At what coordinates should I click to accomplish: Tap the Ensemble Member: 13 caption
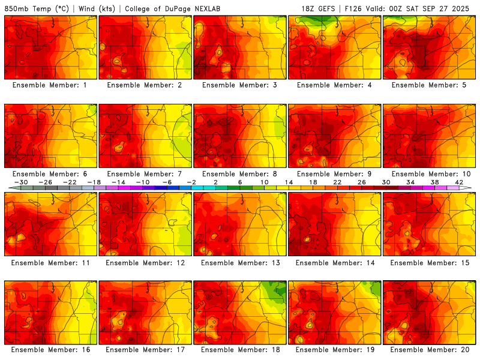[240, 262]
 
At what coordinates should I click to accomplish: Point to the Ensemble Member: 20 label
[430, 350]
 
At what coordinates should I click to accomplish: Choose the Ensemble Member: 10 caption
[430, 174]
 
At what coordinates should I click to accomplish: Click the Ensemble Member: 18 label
[240, 350]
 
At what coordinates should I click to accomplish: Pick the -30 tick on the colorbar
[21, 182]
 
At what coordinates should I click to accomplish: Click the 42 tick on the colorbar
[459, 182]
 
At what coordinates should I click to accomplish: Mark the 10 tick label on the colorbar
[265, 182]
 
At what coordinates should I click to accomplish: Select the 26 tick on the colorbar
[362, 182]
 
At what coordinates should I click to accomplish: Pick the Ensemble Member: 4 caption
[335, 85]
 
